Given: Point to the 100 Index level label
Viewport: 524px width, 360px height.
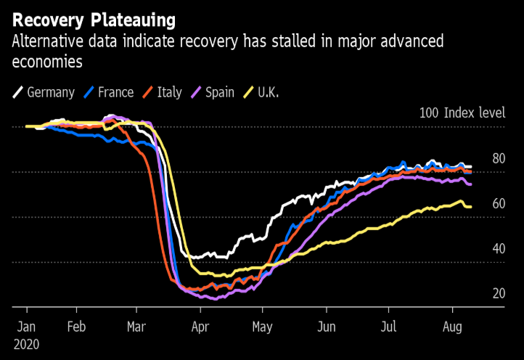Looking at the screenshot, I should point(462,113).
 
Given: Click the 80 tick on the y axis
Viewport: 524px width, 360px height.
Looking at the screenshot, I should point(498,158).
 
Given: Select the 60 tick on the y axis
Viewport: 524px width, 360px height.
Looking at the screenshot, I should point(498,203).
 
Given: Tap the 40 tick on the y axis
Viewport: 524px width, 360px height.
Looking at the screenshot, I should point(498,248).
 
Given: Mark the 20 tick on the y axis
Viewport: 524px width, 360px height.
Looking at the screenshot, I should point(498,293).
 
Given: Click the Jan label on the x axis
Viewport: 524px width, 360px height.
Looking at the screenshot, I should point(26,327).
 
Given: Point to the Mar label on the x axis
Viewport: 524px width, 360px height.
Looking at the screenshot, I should point(136,327).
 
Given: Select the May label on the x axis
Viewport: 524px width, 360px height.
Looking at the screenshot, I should point(263,327).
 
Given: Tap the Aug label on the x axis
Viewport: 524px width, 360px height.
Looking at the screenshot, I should point(452,327).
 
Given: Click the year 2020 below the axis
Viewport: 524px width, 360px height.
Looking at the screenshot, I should point(28,344).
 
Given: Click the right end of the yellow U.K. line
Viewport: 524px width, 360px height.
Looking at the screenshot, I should point(470,207).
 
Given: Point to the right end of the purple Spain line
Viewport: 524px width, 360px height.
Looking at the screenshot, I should point(470,184).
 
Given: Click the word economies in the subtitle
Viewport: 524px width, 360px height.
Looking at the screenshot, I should point(46,62).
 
